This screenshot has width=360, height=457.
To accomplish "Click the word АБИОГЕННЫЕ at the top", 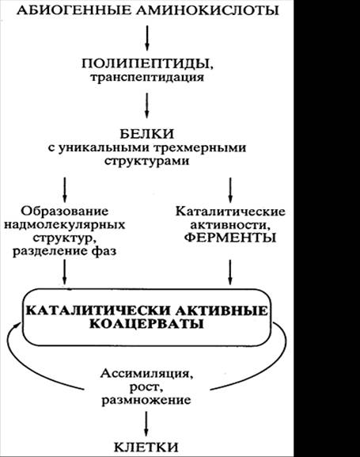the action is [x=74, y=10].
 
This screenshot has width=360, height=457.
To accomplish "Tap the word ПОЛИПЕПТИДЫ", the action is [x=147, y=64].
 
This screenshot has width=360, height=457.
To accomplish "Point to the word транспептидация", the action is [x=147, y=78].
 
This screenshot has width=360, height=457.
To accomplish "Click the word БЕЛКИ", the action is [x=147, y=134].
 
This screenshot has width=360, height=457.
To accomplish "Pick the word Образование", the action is [x=64, y=211].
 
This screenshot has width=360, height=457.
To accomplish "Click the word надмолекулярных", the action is [x=64, y=225].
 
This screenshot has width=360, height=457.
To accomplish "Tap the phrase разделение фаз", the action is [x=64, y=251].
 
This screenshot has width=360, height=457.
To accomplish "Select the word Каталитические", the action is [x=230, y=211].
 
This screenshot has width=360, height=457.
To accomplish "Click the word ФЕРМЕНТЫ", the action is [x=230, y=238].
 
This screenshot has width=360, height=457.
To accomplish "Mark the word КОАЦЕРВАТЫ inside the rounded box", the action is [x=146, y=324].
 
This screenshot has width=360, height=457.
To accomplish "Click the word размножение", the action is [x=146, y=400].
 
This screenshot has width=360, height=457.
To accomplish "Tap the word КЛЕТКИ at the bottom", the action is [x=146, y=447].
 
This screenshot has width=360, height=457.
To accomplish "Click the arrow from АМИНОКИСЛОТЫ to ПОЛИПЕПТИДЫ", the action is [x=147, y=38].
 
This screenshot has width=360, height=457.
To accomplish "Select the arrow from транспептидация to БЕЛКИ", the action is [x=147, y=105].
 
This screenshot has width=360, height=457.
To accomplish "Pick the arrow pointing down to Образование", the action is [x=65, y=190].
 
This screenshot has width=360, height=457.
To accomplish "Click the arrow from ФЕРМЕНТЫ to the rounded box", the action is [x=230, y=272].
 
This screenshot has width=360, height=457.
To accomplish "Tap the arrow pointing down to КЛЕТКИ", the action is [x=146, y=424].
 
